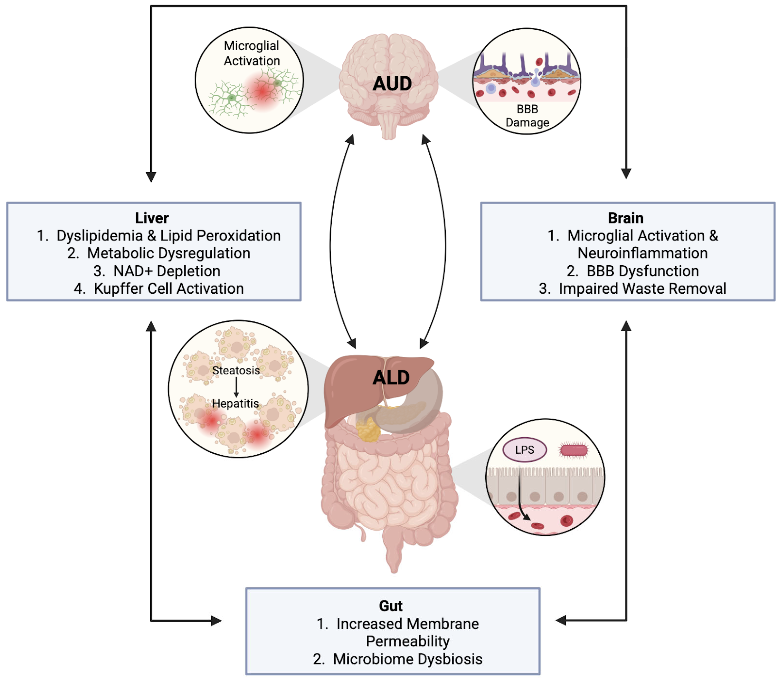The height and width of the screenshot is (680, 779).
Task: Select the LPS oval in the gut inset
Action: pos(524,450)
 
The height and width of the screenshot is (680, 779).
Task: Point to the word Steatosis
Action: pos(236,370)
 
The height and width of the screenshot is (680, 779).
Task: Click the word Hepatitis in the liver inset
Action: pos(235,403)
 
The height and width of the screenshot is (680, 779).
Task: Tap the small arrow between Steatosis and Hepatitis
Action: pos(236,387)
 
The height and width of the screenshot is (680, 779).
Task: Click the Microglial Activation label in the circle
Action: pos(251,53)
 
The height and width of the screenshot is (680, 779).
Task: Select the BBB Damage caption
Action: pos(527,116)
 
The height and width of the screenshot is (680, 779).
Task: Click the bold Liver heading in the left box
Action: pos(152,218)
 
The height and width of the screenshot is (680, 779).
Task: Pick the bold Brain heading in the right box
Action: pos(626,218)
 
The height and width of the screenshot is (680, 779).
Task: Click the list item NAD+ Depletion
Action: pos(157,271)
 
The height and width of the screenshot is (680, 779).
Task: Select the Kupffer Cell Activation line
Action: pos(159,288)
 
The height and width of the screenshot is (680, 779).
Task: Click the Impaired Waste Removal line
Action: pos(632,288)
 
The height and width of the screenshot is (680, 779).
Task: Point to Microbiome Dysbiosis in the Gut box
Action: pos(397,659)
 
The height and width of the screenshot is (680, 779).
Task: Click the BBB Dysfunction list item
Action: pos(632,271)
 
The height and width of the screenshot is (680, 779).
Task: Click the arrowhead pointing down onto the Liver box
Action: pos(151,177)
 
